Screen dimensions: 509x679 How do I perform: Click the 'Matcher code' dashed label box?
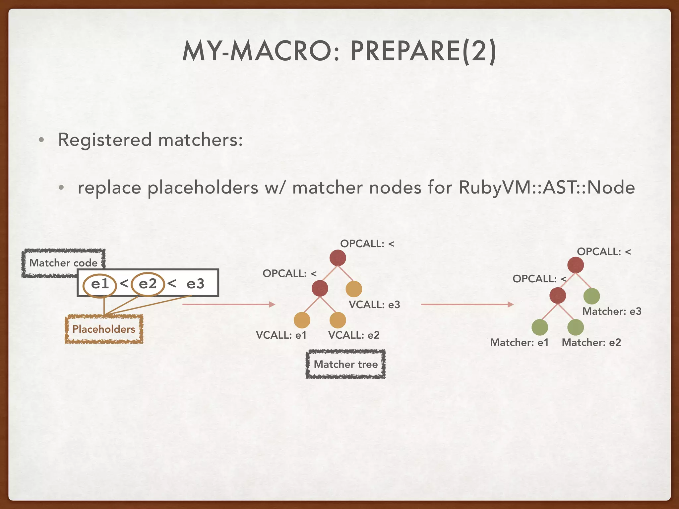[63, 262]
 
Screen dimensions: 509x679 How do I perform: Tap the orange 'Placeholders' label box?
[104, 329]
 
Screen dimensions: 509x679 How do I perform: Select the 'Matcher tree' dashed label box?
[345, 364]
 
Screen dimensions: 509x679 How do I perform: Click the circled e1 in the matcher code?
[100, 284]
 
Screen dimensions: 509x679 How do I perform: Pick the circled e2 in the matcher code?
[148, 284]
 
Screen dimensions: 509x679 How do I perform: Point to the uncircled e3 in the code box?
[195, 284]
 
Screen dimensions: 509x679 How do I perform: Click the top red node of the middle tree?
[338, 258]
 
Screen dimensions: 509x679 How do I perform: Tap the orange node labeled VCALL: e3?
[354, 289]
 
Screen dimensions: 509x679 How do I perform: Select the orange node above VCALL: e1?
[302, 320]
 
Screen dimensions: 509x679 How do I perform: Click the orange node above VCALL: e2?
[338, 320]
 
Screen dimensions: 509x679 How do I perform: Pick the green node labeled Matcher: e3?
[591, 296]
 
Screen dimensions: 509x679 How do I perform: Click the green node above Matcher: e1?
[540, 327]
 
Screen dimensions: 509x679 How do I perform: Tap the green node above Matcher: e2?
[576, 327]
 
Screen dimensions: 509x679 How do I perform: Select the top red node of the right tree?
[576, 265]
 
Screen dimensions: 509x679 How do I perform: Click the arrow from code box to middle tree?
[229, 304]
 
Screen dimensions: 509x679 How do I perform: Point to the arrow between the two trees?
[467, 304]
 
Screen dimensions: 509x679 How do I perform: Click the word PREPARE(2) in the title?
[423, 51]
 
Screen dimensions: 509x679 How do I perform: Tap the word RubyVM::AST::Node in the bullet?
[547, 188]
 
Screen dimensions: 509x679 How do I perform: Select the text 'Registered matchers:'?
[151, 140]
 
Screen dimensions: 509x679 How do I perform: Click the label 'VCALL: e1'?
[281, 335]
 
